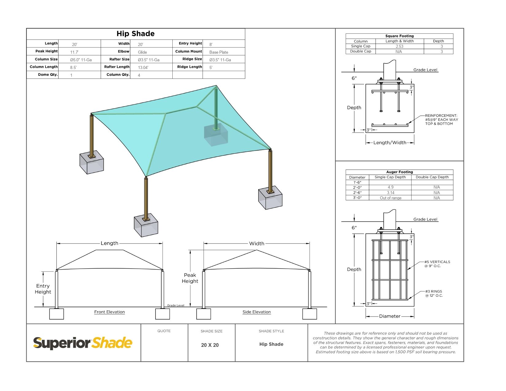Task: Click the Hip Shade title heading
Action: pyautogui.click(x=136, y=34)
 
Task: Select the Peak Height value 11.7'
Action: pyautogui.click(x=74, y=52)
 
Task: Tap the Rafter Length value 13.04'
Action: pyautogui.click(x=143, y=67)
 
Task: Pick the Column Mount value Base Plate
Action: pyautogui.click(x=219, y=52)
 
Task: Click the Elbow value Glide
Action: pyautogui.click(x=142, y=52)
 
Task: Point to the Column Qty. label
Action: pyautogui.click(x=118, y=75)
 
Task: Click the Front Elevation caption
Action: pyautogui.click(x=109, y=312)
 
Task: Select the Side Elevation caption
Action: pyautogui.click(x=257, y=312)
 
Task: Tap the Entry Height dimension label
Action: pyautogui.click(x=43, y=289)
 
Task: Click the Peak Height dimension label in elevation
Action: pyautogui.click(x=190, y=278)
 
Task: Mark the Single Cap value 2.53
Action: pyautogui.click(x=400, y=46)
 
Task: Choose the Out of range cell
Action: pyautogui.click(x=391, y=198)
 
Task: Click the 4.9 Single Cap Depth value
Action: pyautogui.click(x=391, y=187)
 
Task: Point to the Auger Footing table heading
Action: pyautogui.click(x=400, y=172)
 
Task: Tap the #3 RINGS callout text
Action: pyautogui.click(x=434, y=293)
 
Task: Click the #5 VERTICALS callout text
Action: pyautogui.click(x=437, y=264)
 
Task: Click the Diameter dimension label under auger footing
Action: pyautogui.click(x=390, y=316)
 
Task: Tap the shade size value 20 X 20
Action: pyautogui.click(x=210, y=345)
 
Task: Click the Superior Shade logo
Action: pyautogui.click(x=83, y=343)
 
